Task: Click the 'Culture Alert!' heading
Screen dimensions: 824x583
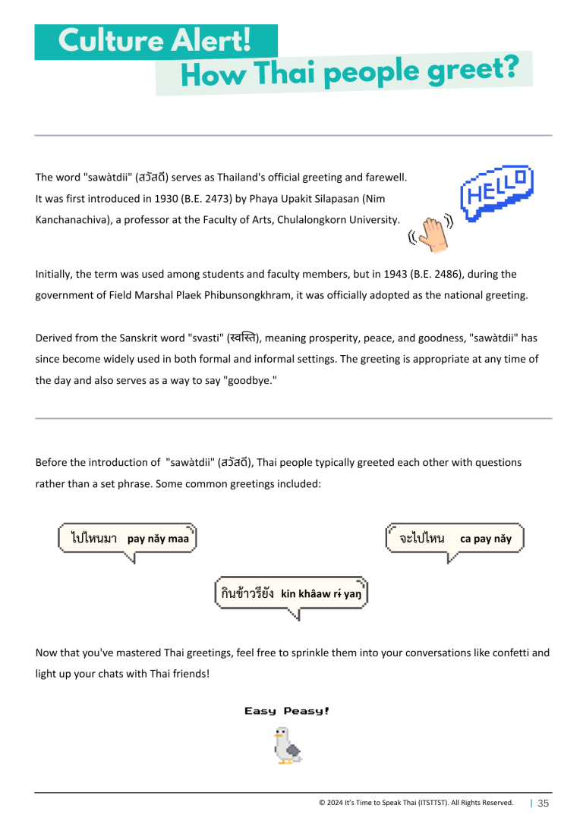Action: (155, 41)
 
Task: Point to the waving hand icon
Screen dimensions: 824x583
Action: (434, 232)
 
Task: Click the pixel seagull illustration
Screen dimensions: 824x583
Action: (287, 745)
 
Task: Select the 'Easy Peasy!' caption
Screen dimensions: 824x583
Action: (286, 711)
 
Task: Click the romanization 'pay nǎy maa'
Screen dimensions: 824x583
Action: (158, 539)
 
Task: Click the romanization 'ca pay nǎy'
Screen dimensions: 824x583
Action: (486, 539)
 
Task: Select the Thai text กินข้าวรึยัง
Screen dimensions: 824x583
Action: (248, 593)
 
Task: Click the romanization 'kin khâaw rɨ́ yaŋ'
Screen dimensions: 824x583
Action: (321, 594)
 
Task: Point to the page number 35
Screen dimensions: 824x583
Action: (544, 804)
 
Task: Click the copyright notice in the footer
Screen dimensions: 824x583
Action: (416, 803)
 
